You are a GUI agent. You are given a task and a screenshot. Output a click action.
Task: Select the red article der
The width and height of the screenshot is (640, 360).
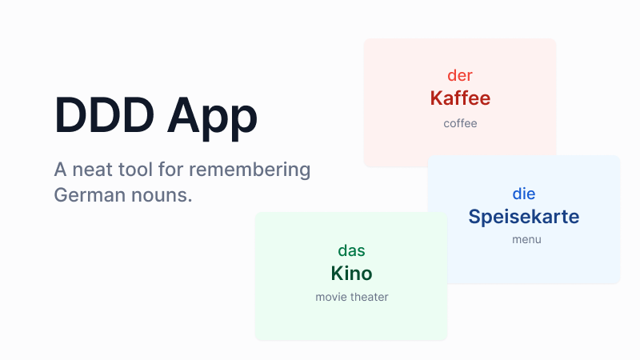(460, 75)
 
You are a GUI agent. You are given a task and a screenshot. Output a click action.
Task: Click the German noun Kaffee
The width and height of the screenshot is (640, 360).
(460, 98)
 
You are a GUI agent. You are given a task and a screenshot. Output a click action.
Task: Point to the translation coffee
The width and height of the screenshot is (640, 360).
(460, 123)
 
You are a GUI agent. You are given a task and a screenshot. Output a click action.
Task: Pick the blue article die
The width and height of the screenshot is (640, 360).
(524, 194)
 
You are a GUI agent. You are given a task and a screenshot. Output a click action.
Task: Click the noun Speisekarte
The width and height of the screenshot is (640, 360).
(524, 217)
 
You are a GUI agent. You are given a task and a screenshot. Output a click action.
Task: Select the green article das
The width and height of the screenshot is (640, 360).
(351, 250)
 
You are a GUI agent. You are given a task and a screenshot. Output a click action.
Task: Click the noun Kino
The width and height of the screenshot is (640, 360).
(351, 274)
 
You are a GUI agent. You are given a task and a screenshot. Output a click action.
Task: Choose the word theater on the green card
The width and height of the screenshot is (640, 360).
(370, 297)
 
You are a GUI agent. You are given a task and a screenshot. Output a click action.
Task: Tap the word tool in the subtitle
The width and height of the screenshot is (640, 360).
(140, 170)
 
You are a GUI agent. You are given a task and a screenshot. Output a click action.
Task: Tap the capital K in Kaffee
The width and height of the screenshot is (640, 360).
(437, 98)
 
